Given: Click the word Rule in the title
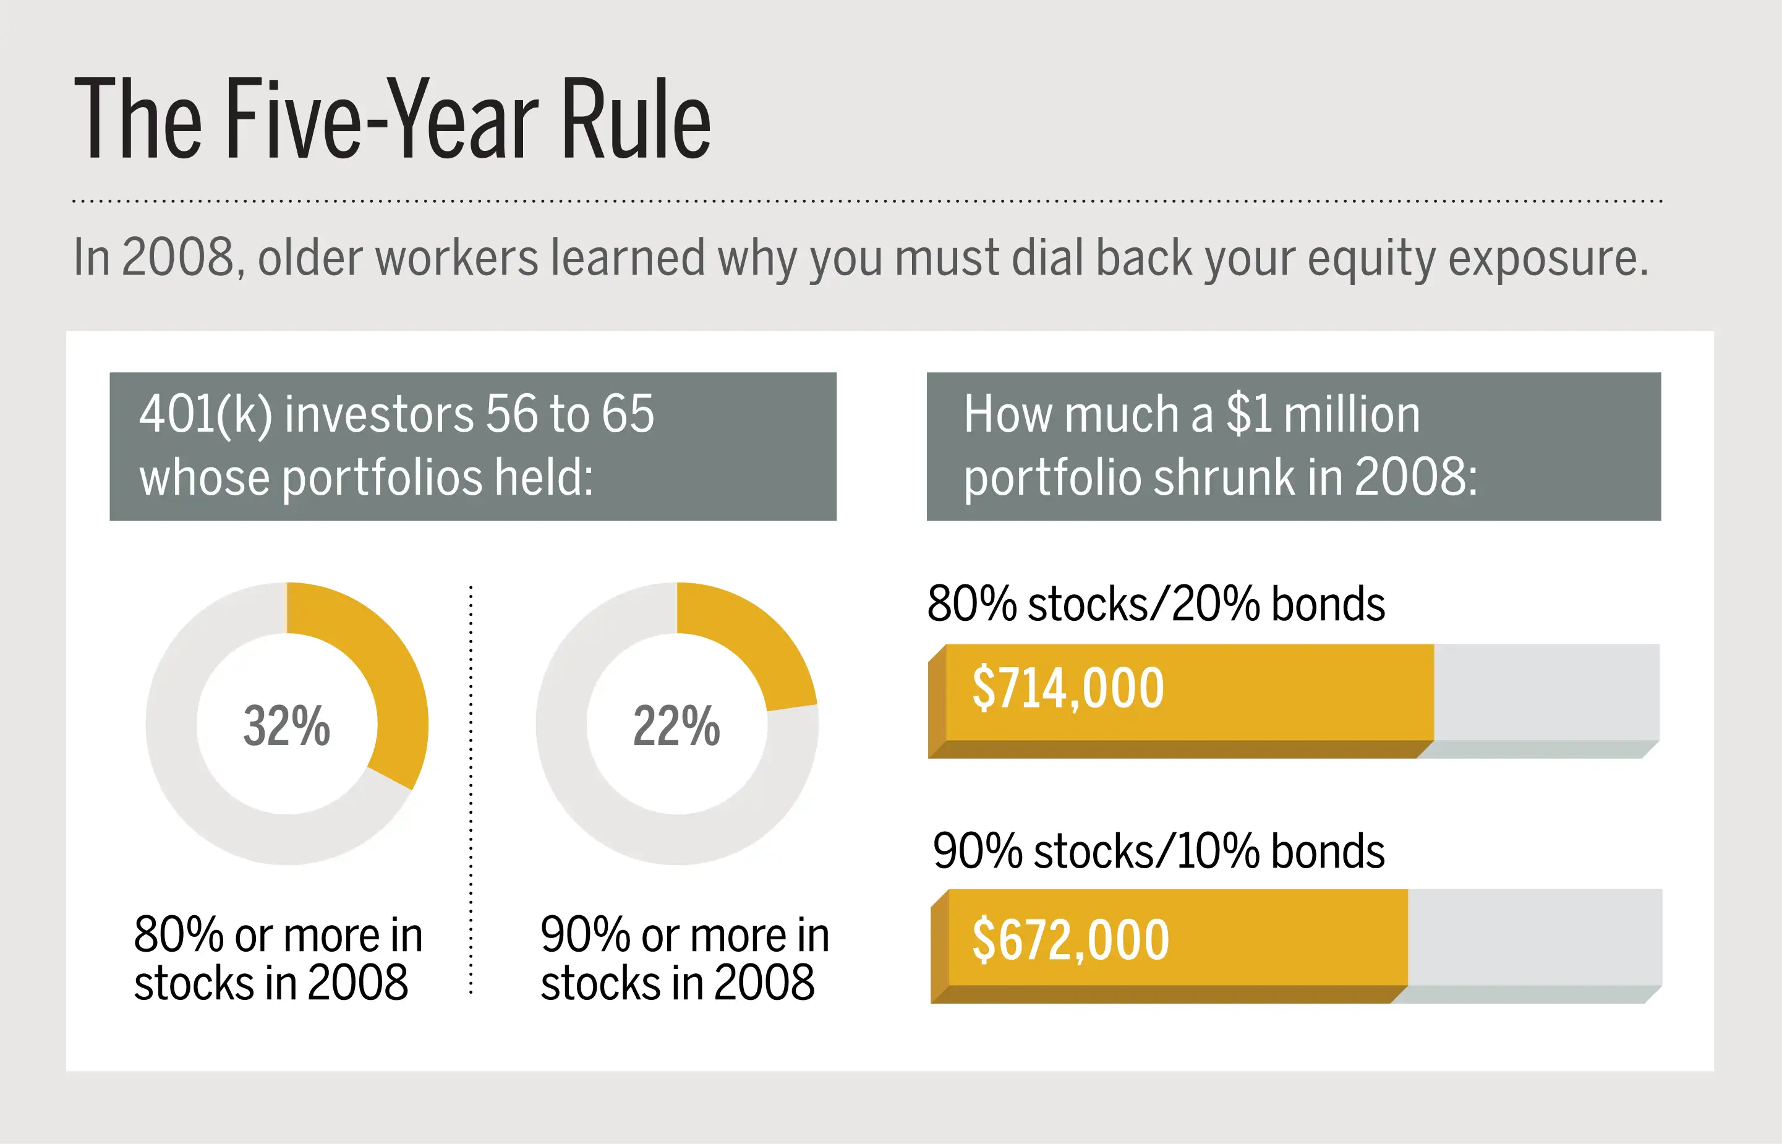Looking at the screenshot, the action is tap(636, 119).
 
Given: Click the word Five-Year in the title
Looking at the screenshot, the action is tap(382, 119).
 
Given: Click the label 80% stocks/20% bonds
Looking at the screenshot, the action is tap(1156, 603).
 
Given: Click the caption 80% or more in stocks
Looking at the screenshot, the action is tap(278, 958).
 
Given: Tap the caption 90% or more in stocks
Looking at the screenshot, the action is tap(684, 958).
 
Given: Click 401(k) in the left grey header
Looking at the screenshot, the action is tap(206, 414).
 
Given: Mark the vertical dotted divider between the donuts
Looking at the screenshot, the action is tap(471, 790).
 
